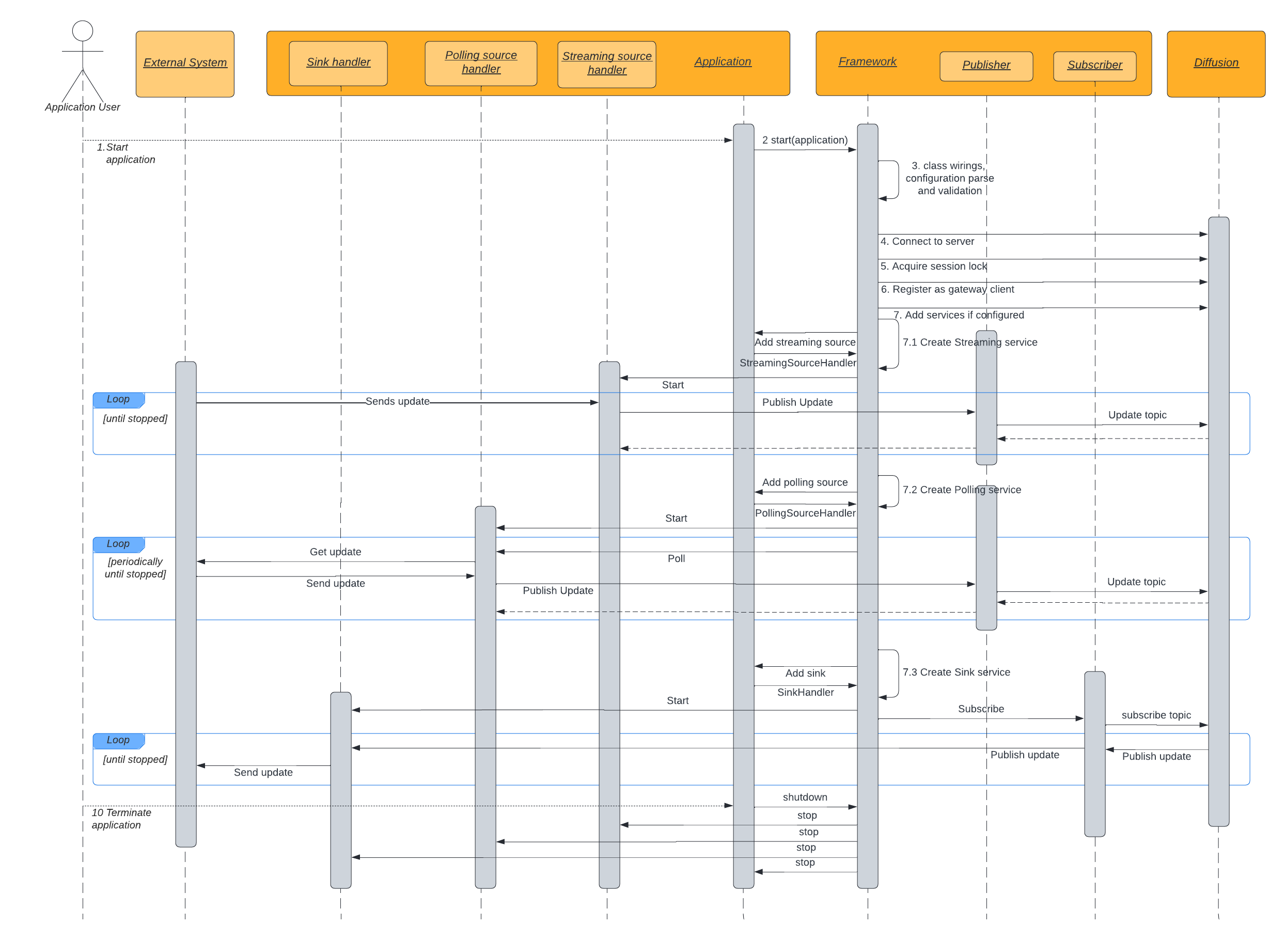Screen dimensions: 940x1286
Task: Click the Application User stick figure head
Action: [x=83, y=30]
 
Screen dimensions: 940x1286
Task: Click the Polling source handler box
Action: [x=481, y=62]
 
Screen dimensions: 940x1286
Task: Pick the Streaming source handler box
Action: [x=606, y=64]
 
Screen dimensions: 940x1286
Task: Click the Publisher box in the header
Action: [x=985, y=66]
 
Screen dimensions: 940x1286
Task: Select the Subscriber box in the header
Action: [x=1094, y=66]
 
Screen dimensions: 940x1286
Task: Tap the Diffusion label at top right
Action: [x=1215, y=62]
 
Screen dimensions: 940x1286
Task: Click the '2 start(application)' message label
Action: [x=805, y=140]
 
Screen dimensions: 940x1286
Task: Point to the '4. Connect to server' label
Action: [x=927, y=241]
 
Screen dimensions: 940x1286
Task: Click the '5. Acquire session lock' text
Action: [x=933, y=267]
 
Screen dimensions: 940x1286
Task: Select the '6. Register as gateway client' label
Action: [x=947, y=289]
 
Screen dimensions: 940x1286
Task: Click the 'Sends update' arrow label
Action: [x=397, y=401]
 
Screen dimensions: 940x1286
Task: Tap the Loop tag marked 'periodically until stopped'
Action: [x=118, y=544]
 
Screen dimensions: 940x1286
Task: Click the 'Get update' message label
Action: [x=335, y=552]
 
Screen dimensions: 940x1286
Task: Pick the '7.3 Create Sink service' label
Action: [x=956, y=672]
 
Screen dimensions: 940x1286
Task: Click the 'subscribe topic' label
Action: [x=1156, y=715]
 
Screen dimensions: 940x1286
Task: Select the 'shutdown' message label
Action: [x=805, y=797]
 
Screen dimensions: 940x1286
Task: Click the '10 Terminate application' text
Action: [x=121, y=819]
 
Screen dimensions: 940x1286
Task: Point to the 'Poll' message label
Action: [x=676, y=559]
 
